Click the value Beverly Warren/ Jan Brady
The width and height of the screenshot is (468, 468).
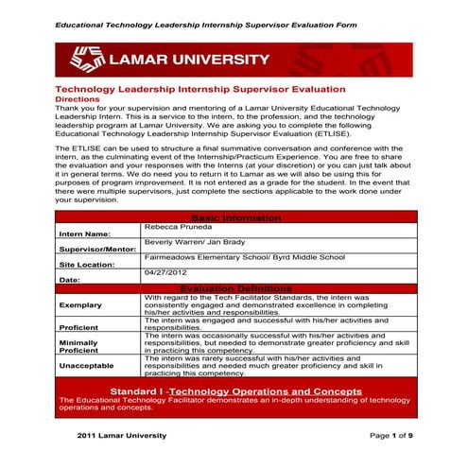(x=195, y=243)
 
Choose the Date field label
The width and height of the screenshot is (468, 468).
(x=69, y=280)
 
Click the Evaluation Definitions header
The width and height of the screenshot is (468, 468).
(x=234, y=288)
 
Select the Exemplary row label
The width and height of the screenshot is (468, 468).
(x=81, y=305)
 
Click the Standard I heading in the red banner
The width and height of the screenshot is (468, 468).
(x=234, y=390)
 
